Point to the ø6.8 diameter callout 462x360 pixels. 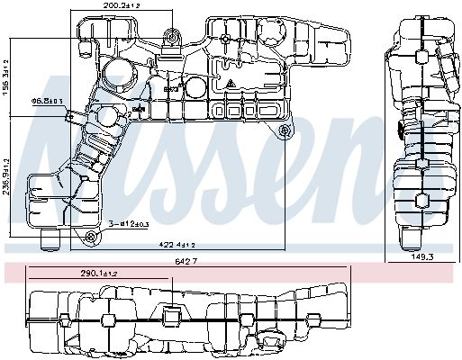tap(46, 102)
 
